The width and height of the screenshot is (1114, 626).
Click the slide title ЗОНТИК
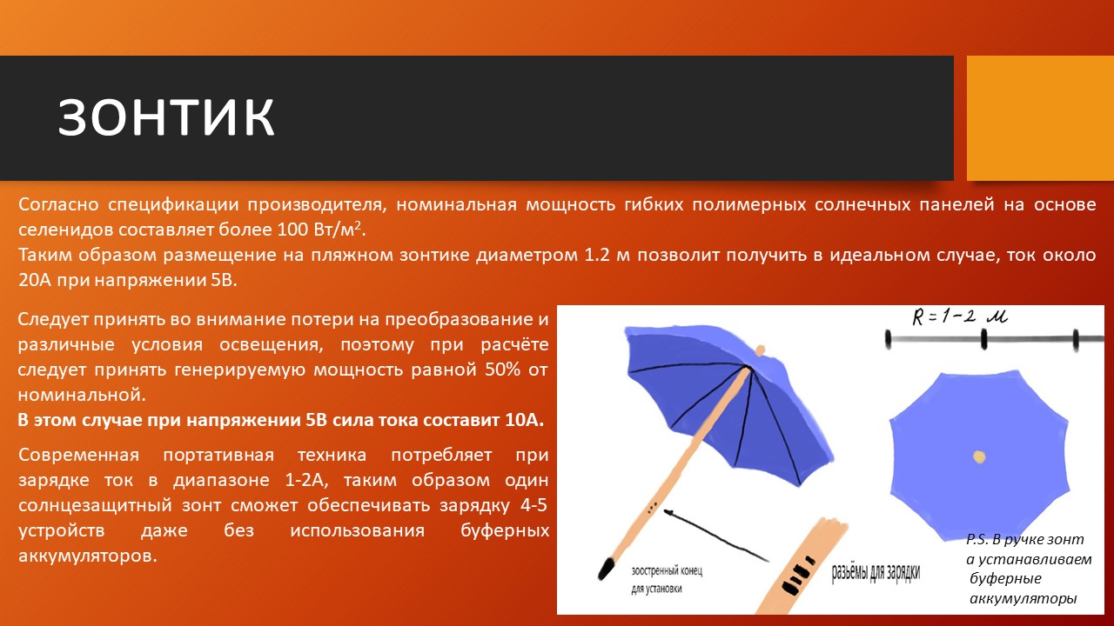tap(166, 117)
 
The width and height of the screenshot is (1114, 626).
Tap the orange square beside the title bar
tap(1040, 118)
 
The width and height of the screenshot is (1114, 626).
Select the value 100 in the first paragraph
tap(293, 230)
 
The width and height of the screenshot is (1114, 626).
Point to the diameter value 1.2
tap(597, 255)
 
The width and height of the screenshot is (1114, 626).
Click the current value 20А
tap(35, 280)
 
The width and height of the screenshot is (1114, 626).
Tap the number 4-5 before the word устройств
tap(534, 506)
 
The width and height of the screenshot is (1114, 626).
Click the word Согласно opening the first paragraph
tap(58, 204)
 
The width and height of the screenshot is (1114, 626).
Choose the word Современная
tap(78, 455)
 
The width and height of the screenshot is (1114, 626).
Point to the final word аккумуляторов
tap(88, 556)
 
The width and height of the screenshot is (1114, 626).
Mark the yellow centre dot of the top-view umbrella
tap(979, 457)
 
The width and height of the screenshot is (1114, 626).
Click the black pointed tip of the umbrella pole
tap(607, 569)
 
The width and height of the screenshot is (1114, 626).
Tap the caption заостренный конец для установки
tap(667, 580)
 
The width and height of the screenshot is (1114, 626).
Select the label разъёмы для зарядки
tap(876, 573)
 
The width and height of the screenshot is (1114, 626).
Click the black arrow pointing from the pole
tap(716, 536)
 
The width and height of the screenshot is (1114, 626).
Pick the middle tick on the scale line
tap(983, 339)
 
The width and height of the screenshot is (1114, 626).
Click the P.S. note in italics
tap(1029, 569)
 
